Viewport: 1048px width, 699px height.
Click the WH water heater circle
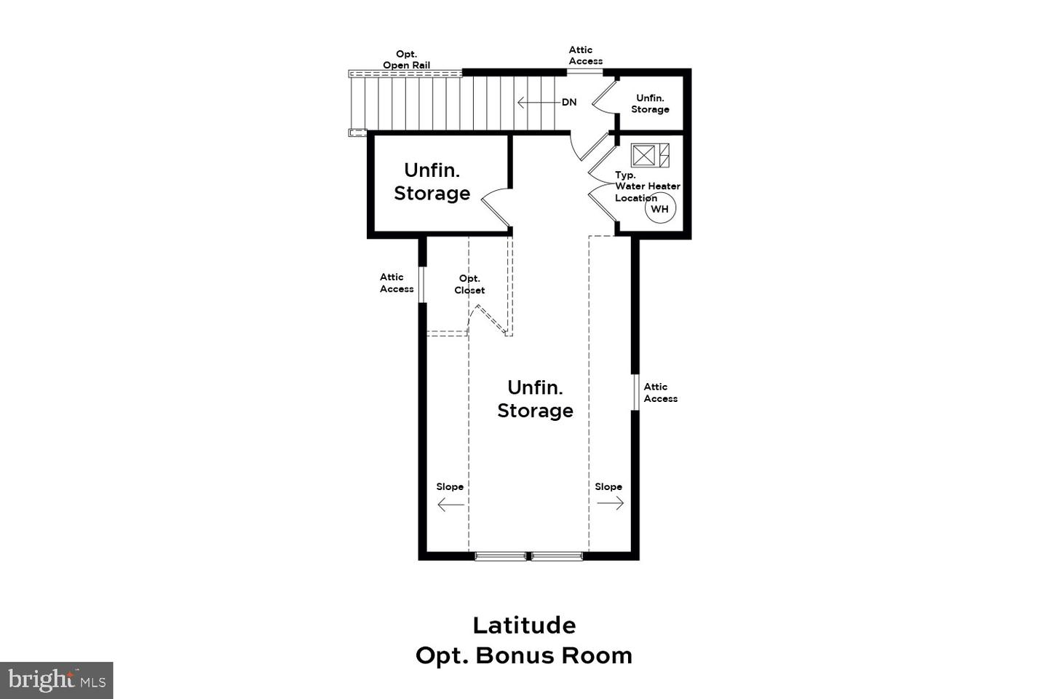pyautogui.click(x=660, y=209)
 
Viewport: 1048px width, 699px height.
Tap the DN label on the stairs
pyautogui.click(x=569, y=102)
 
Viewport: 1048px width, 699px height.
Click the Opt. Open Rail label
pyautogui.click(x=406, y=60)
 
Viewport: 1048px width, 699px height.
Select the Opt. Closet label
pyautogui.click(x=469, y=284)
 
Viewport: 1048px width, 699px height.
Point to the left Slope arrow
pyautogui.click(x=450, y=504)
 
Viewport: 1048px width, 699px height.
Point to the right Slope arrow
pyautogui.click(x=610, y=503)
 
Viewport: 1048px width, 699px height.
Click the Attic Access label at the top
pyautogui.click(x=585, y=55)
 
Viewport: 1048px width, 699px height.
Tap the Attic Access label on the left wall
pyautogui.click(x=397, y=283)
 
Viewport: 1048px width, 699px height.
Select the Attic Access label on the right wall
pyautogui.click(x=660, y=392)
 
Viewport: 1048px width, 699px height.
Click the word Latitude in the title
pyautogui.click(x=524, y=625)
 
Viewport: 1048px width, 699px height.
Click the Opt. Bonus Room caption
pyautogui.click(x=524, y=655)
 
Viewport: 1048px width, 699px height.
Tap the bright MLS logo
pyautogui.click(x=57, y=680)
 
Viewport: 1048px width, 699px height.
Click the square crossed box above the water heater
pyautogui.click(x=643, y=155)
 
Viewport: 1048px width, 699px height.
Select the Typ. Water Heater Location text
pyautogui.click(x=646, y=186)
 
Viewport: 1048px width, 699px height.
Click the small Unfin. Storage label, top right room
pyautogui.click(x=650, y=103)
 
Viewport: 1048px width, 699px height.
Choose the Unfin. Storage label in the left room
pyautogui.click(x=432, y=181)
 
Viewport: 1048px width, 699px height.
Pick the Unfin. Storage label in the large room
pyautogui.click(x=535, y=399)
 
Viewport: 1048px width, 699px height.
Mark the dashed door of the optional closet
pyautogui.click(x=491, y=319)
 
